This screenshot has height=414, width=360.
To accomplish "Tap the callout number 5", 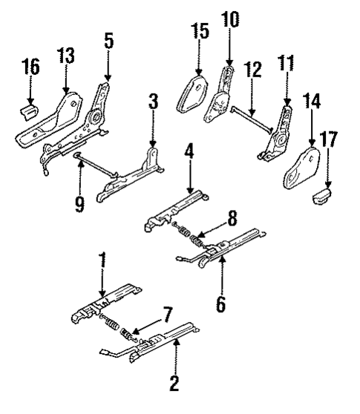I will point(108,42).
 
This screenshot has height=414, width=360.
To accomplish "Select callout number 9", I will point(79,203).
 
